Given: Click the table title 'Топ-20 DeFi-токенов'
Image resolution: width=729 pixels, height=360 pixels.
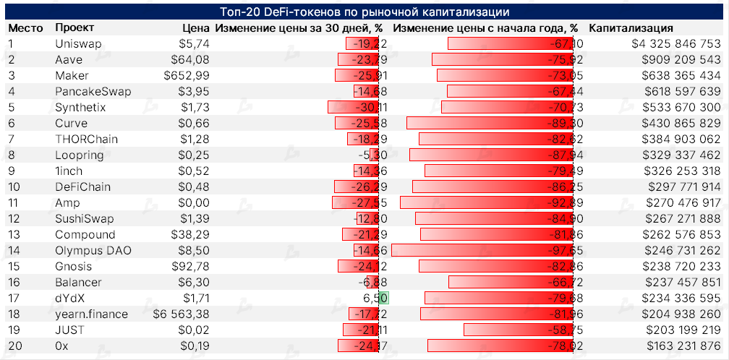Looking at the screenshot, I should click(364, 12).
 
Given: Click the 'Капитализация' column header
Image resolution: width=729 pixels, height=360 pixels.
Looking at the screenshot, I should click(631, 27).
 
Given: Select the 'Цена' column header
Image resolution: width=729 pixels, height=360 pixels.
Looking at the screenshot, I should click(195, 27).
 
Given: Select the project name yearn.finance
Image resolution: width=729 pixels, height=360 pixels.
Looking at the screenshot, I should click(91, 314).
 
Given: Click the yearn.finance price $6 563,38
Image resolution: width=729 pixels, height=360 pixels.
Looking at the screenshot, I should click(181, 314).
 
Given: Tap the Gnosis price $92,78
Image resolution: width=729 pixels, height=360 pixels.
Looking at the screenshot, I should click(190, 266).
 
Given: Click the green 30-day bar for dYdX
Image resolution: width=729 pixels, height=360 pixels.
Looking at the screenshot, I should click(384, 298).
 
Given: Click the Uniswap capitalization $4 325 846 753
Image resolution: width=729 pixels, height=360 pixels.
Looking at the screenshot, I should click(675, 43).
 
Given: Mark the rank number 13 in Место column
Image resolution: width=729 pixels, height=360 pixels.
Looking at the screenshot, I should click(14, 234).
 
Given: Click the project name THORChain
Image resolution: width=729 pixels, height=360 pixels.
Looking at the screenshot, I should click(86, 139).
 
